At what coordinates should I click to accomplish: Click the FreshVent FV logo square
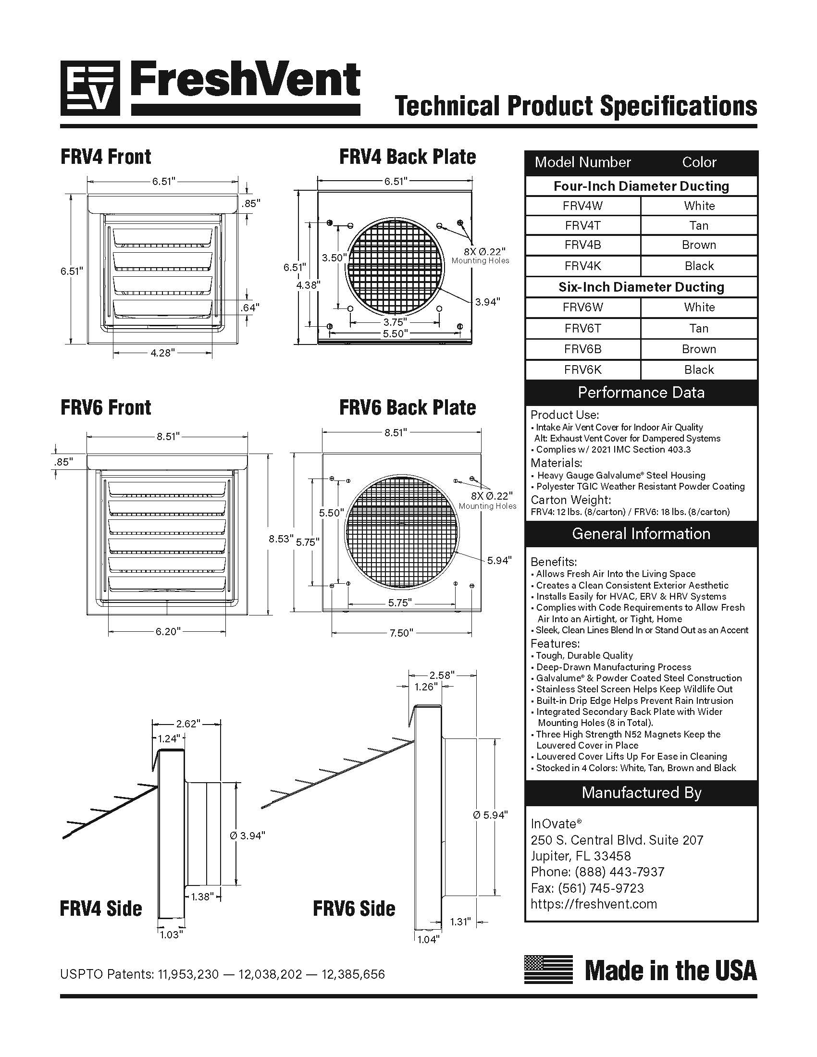click(x=90, y=88)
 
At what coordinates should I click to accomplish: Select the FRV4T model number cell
click(x=583, y=225)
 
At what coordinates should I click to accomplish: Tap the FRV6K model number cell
click(x=583, y=370)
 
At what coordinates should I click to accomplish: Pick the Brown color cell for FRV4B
click(x=699, y=245)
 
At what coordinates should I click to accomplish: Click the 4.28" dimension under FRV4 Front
click(x=162, y=353)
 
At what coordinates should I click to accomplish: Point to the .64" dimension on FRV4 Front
click(x=250, y=307)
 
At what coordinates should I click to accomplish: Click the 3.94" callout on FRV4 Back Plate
click(x=487, y=302)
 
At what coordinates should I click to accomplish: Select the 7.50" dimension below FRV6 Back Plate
click(x=401, y=633)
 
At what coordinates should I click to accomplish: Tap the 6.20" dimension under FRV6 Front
click(x=167, y=632)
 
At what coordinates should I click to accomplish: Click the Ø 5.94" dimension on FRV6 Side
click(x=490, y=815)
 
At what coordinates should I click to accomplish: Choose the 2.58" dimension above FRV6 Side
click(x=442, y=675)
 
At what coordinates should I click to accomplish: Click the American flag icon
click(x=548, y=970)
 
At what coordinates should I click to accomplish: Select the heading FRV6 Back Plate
click(x=407, y=407)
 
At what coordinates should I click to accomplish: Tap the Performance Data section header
click(x=641, y=393)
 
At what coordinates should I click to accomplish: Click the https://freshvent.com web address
click(x=594, y=904)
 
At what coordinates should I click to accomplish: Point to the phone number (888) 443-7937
click(x=619, y=872)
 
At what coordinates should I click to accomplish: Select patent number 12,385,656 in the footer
click(x=353, y=974)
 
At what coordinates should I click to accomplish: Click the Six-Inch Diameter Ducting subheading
click(x=641, y=287)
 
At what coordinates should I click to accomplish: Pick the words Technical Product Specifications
click(x=575, y=107)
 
